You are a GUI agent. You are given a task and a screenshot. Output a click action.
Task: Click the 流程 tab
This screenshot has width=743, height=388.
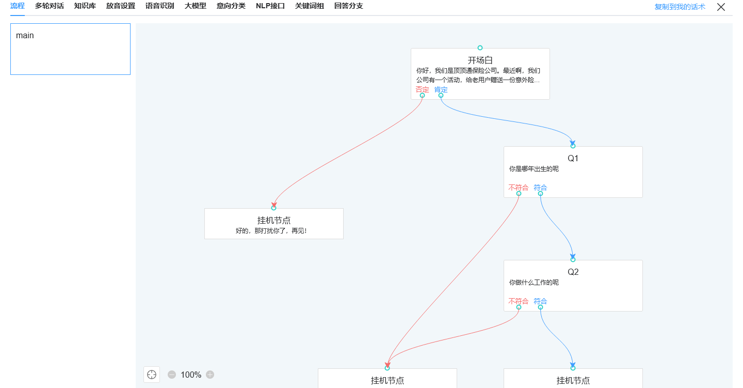[x=18, y=6]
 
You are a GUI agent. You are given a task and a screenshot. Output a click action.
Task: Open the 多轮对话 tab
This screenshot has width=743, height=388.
[x=50, y=6]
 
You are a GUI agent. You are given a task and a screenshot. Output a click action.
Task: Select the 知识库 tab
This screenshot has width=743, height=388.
[x=85, y=6]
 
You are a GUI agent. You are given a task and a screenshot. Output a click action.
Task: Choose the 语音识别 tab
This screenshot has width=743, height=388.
[x=159, y=6]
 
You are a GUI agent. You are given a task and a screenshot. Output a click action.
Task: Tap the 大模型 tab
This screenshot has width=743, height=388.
[x=196, y=6]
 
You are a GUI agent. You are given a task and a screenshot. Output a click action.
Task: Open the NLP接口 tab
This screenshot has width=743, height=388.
[x=270, y=6]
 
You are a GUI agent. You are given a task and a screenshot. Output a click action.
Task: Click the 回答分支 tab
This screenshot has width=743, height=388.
[x=348, y=6]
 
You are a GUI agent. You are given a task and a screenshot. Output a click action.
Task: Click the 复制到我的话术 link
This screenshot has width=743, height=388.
[x=680, y=7]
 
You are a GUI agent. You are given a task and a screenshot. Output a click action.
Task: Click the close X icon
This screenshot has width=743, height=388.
[x=721, y=7]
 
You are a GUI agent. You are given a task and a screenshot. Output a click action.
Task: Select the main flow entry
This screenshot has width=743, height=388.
[x=25, y=36]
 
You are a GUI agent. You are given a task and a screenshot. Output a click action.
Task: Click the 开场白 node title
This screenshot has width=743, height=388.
[x=480, y=60]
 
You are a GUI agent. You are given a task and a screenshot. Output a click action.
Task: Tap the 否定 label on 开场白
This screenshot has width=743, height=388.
[x=422, y=90]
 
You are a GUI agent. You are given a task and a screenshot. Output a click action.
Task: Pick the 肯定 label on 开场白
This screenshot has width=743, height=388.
[x=441, y=90]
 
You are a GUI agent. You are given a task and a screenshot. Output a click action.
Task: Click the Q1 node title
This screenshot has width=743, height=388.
[x=573, y=158]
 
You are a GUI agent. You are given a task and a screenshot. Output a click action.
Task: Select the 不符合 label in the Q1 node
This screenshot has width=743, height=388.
[x=518, y=188]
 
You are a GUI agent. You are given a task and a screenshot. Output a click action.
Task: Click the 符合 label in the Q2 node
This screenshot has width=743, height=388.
[x=540, y=301]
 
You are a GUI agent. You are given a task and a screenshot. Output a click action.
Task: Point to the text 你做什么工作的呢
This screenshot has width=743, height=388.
[x=534, y=283]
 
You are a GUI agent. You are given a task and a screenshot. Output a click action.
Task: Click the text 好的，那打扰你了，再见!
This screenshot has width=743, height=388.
[x=271, y=231]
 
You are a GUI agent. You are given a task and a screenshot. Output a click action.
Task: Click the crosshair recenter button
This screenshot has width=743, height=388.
[x=152, y=375]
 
